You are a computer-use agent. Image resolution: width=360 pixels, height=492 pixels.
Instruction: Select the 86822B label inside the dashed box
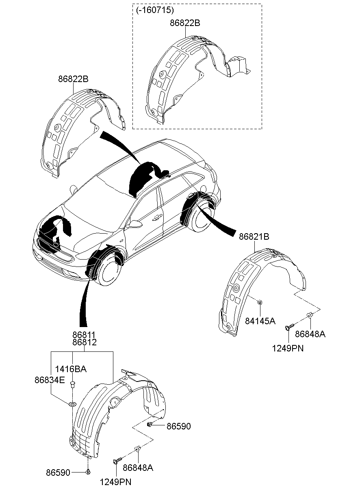pyautogui.click(x=185, y=23)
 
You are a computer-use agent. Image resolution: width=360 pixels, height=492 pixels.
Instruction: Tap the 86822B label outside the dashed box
pyautogui.click(x=73, y=79)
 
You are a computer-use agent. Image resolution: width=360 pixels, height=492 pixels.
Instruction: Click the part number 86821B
pyautogui.click(x=254, y=236)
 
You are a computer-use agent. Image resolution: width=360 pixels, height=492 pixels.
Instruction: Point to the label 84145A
pyautogui.click(x=260, y=321)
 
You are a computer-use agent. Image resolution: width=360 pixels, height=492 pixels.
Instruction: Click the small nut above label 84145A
pyautogui.click(x=260, y=302)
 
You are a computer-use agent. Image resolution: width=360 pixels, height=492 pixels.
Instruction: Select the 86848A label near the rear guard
pyautogui.click(x=310, y=334)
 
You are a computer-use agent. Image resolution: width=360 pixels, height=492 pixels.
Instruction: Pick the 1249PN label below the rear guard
pyautogui.click(x=288, y=348)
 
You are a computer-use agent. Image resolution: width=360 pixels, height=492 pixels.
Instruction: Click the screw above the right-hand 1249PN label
pyautogui.click(x=289, y=326)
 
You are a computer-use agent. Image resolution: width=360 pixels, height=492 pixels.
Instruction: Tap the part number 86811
pyautogui.click(x=85, y=335)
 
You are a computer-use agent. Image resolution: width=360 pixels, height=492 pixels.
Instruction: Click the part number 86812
pyautogui.click(x=85, y=342)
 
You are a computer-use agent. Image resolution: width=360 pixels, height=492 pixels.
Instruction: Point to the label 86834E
pyautogui.click(x=50, y=379)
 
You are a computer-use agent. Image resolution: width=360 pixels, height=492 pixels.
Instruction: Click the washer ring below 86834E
pyautogui.click(x=72, y=404)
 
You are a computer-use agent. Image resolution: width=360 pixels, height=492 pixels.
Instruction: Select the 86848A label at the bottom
pyautogui.click(x=138, y=468)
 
